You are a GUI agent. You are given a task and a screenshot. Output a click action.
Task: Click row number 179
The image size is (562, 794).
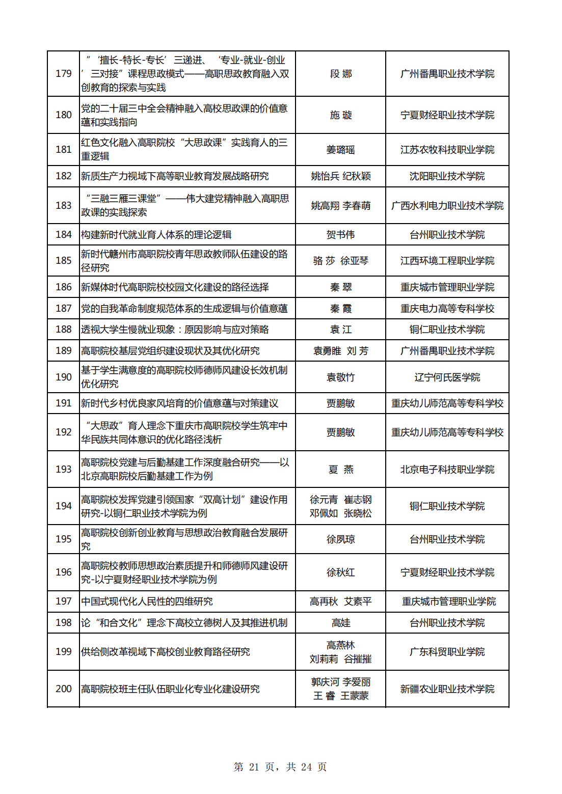pyautogui.click(x=64, y=74)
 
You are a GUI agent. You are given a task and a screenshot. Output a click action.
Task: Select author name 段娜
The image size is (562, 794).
pyautogui.click(x=340, y=74)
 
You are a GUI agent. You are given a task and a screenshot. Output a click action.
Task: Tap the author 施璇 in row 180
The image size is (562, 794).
pyautogui.click(x=340, y=115)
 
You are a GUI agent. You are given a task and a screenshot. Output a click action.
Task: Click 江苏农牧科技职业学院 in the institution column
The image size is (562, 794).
pyautogui.click(x=447, y=150)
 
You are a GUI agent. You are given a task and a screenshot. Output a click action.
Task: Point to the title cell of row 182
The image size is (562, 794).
pyautogui.click(x=175, y=176)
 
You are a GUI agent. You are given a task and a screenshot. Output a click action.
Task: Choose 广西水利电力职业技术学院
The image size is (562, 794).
pyautogui.click(x=447, y=206)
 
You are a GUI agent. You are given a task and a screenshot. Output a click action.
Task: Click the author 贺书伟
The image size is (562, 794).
pyautogui.click(x=340, y=235)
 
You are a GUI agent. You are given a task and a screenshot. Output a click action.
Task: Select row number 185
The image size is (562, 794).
pyautogui.click(x=64, y=261)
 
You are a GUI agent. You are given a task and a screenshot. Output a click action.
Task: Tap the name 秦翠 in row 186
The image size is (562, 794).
pyautogui.click(x=340, y=287)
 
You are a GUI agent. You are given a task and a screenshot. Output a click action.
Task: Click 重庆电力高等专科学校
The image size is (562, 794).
pyautogui.click(x=447, y=309)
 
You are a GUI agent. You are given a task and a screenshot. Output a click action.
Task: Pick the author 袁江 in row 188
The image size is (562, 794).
pyautogui.click(x=340, y=330)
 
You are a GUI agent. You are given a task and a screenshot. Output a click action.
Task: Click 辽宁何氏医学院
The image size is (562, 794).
pyautogui.click(x=447, y=377)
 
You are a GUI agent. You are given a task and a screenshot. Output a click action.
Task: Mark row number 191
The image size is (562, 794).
pyautogui.click(x=64, y=403)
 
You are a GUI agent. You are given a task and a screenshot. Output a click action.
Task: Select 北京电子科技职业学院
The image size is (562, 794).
pyautogui.click(x=447, y=470)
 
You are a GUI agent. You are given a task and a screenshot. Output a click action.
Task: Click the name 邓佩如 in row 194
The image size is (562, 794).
pyautogui.click(x=324, y=513)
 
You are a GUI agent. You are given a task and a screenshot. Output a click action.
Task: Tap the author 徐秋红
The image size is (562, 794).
pyautogui.click(x=340, y=572)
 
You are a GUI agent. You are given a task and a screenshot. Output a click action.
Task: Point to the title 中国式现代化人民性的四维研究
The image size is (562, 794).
pyautogui.click(x=147, y=601)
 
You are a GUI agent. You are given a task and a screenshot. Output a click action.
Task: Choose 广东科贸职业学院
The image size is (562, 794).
pyautogui.click(x=447, y=652)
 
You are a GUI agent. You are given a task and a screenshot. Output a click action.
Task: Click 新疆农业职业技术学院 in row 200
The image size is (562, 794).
pyautogui.click(x=447, y=689)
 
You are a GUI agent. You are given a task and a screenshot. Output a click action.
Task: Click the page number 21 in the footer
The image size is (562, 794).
pyautogui.click(x=254, y=767)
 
